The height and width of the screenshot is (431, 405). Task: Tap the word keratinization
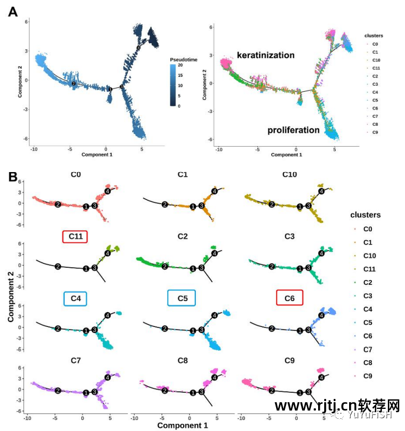[x=266, y=55]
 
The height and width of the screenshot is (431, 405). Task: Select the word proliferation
[x=294, y=130]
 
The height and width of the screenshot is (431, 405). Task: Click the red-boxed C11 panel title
[x=76, y=236]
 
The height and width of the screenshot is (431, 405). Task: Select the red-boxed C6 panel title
[x=289, y=298]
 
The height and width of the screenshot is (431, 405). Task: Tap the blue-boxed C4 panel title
[x=76, y=298]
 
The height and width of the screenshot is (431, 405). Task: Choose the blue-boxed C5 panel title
[x=183, y=298]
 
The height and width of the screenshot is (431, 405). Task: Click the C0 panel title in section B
[x=76, y=175]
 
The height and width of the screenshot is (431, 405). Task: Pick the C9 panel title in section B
[x=289, y=360]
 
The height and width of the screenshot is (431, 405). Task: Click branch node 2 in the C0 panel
[x=58, y=205]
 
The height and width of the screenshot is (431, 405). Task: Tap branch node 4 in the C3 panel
[x=321, y=253]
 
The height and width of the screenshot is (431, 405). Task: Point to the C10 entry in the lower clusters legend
[x=371, y=256]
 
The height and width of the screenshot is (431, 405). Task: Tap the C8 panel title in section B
[x=183, y=360]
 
